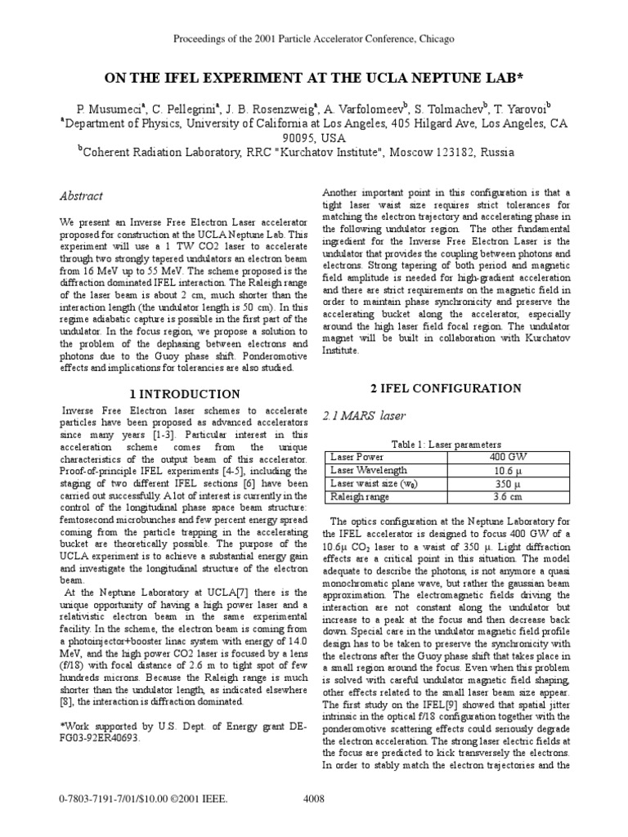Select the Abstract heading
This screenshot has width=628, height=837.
click(x=82, y=196)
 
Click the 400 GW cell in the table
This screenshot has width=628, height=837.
click(x=506, y=457)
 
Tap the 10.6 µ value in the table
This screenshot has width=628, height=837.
click(x=506, y=470)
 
